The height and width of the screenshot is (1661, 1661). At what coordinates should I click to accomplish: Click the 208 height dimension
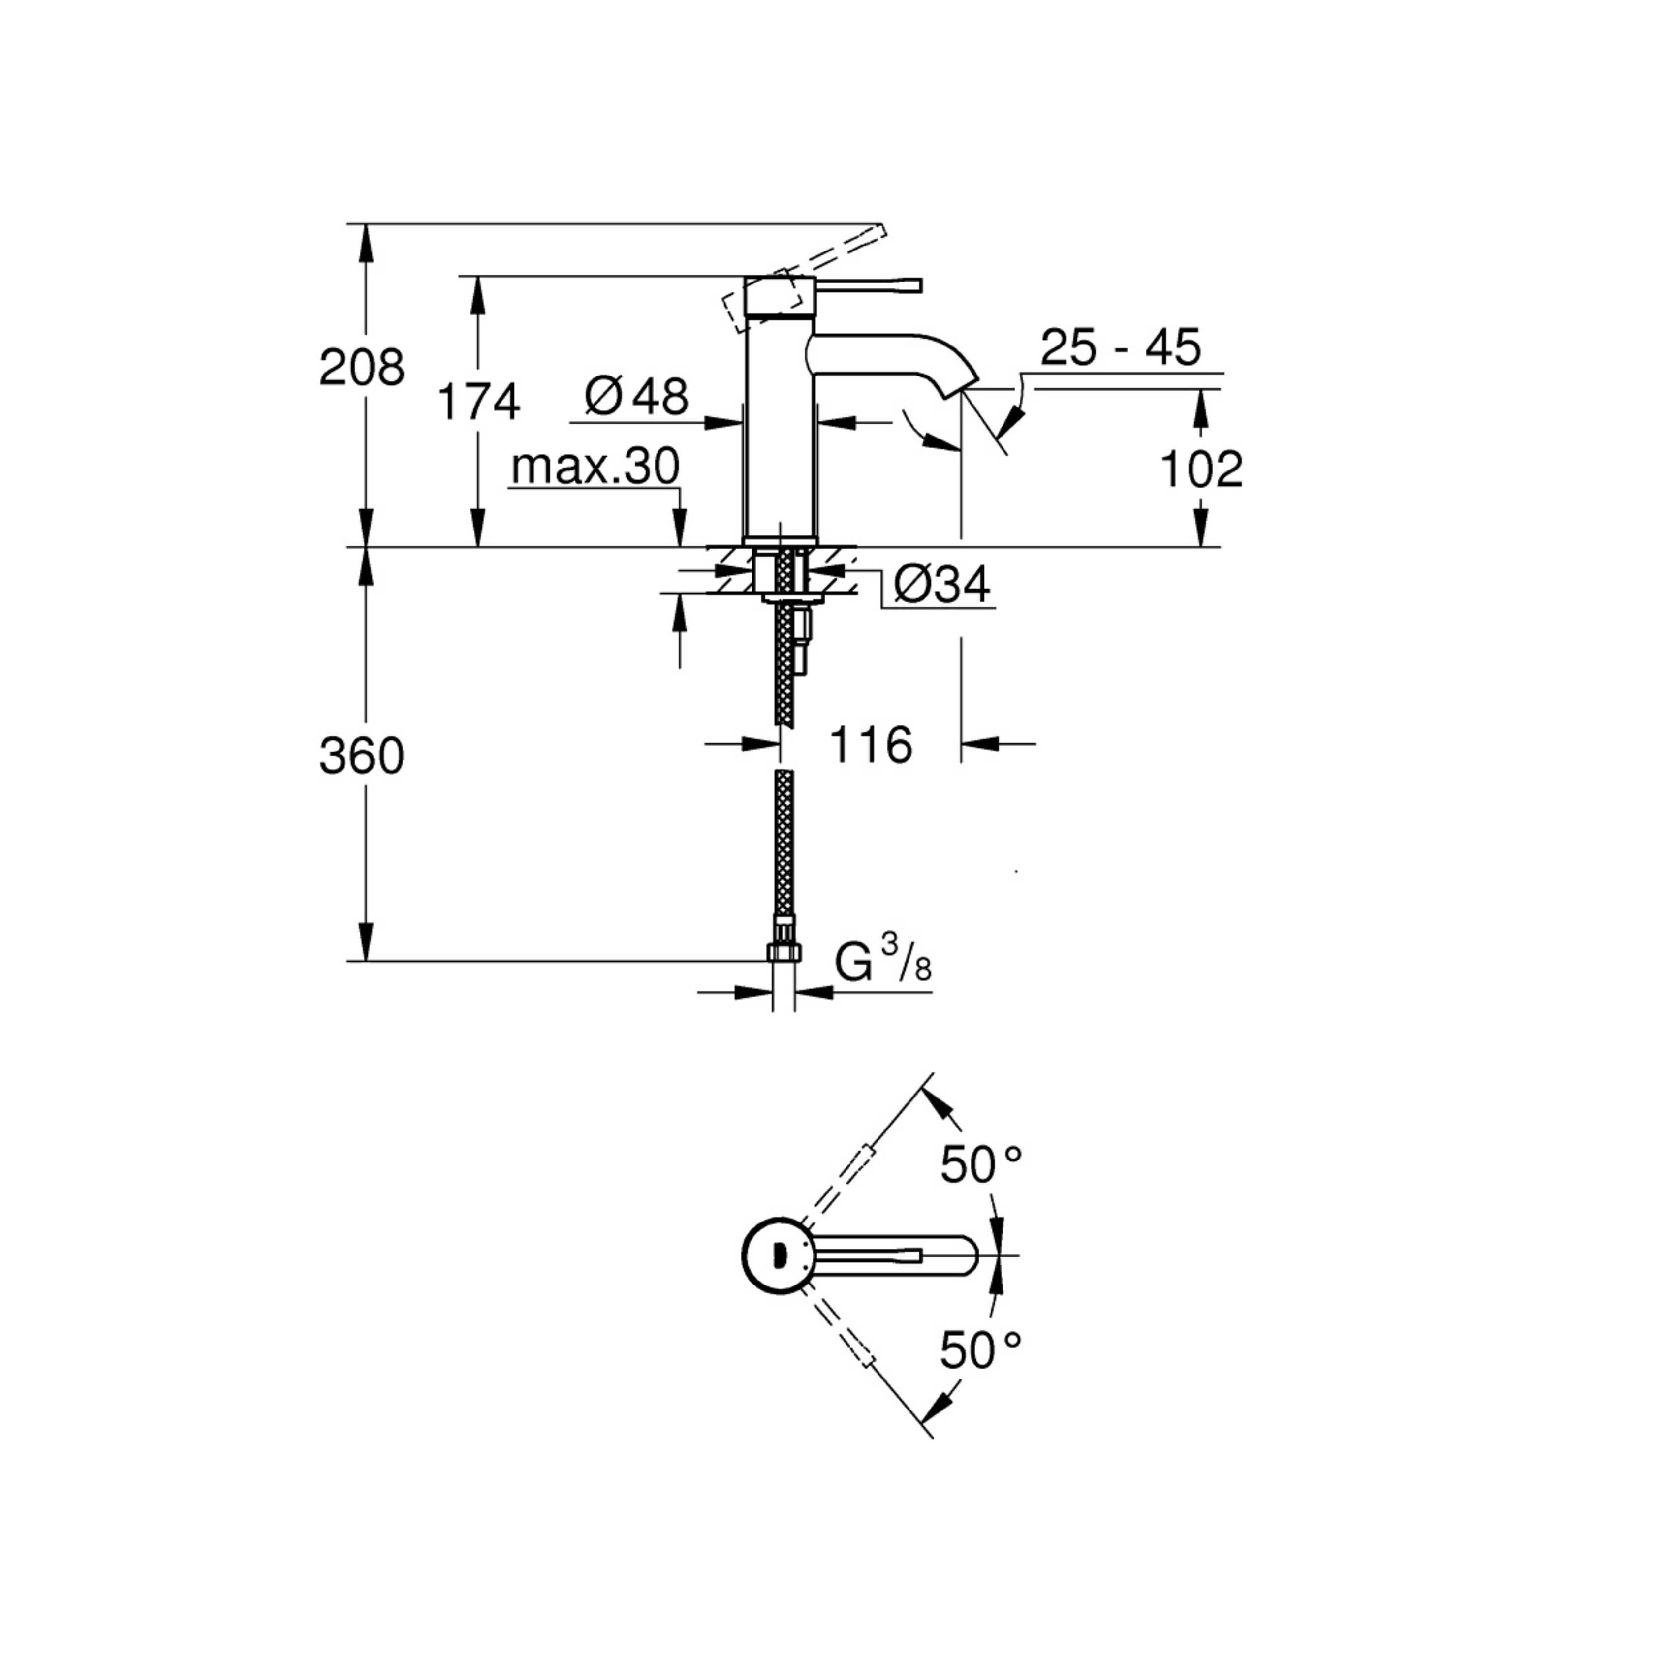click(x=361, y=368)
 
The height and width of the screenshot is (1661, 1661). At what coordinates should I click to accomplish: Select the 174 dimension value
click(x=479, y=403)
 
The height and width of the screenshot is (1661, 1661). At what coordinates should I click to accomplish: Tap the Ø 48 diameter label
click(x=636, y=396)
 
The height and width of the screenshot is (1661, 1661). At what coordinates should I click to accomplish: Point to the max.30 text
click(x=595, y=467)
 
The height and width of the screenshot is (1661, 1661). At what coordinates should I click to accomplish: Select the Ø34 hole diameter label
click(x=941, y=585)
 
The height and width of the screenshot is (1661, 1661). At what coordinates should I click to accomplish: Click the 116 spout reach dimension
click(x=870, y=745)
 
